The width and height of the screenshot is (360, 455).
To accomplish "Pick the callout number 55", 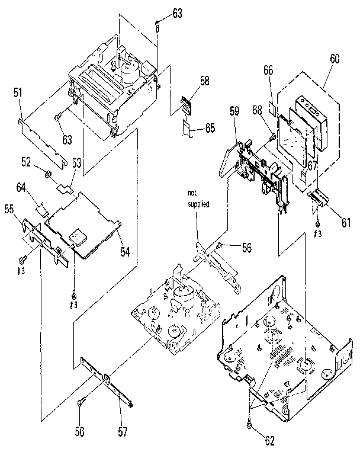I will pyautogui.click(x=9, y=209).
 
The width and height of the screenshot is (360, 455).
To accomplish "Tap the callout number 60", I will pyautogui.click(x=335, y=59).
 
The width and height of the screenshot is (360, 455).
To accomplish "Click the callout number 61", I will pyautogui.click(x=345, y=223).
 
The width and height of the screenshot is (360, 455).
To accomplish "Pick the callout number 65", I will pyautogui.click(x=210, y=127).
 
